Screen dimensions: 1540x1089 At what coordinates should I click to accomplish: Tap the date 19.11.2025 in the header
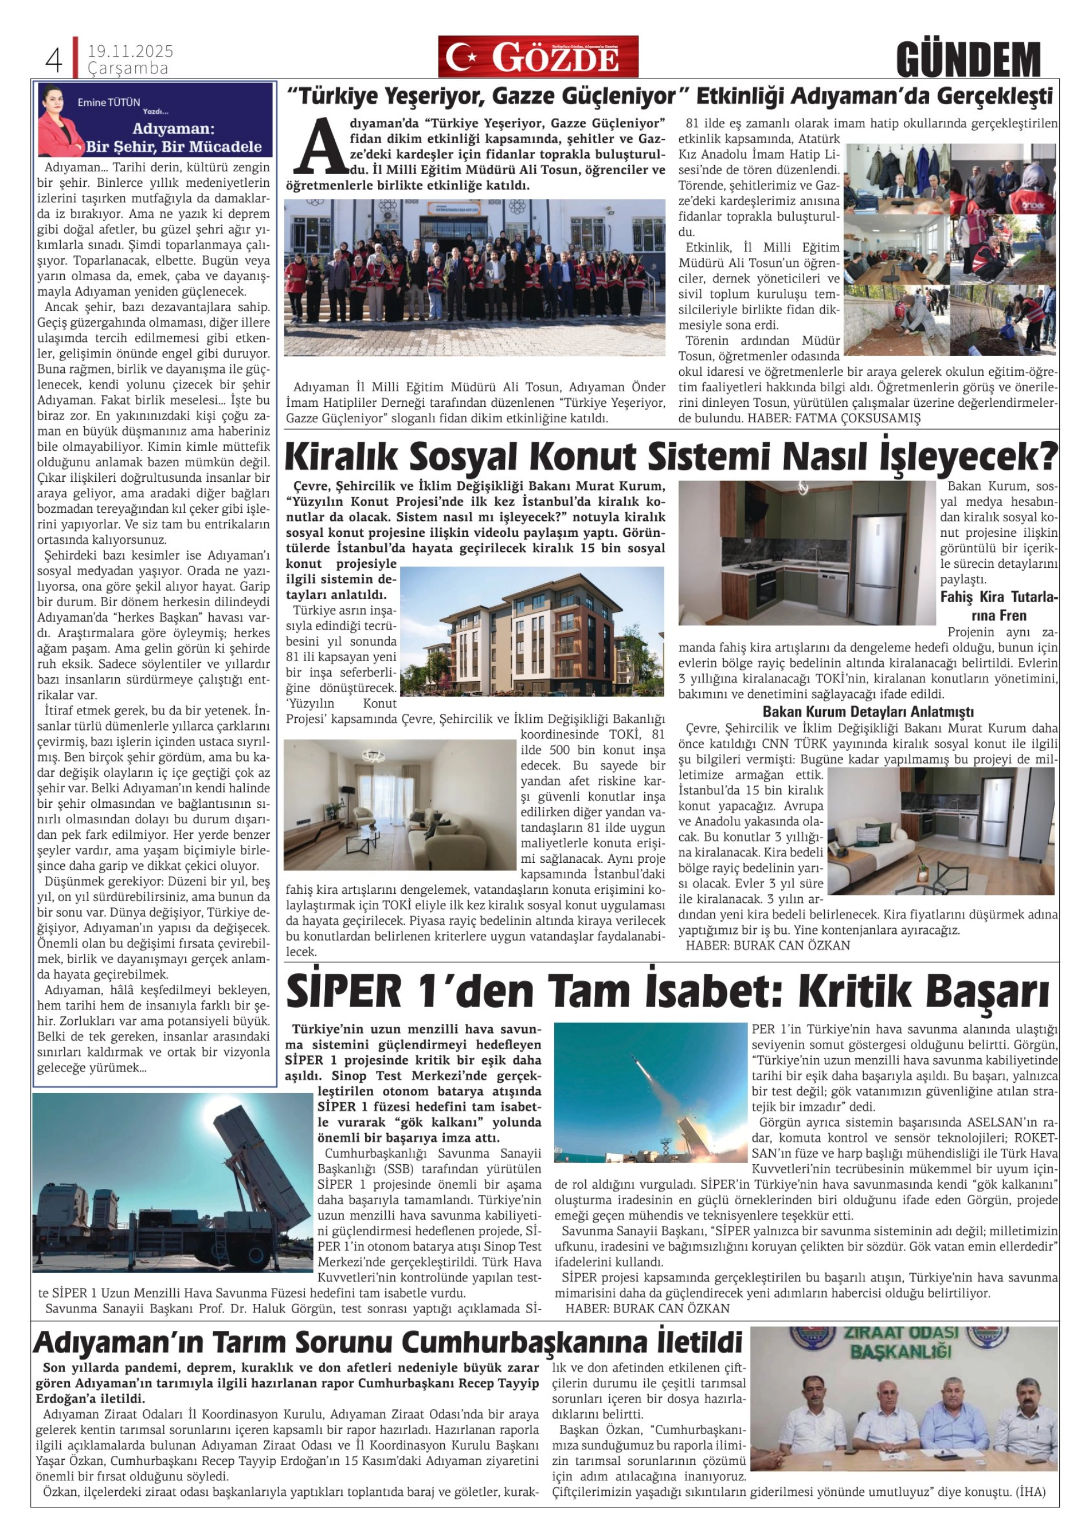(130, 52)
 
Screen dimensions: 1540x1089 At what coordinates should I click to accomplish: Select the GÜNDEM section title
(967, 60)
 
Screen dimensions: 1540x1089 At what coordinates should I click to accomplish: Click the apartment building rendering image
(531, 632)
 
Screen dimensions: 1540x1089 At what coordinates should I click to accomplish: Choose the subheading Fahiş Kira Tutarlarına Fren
(999, 606)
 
